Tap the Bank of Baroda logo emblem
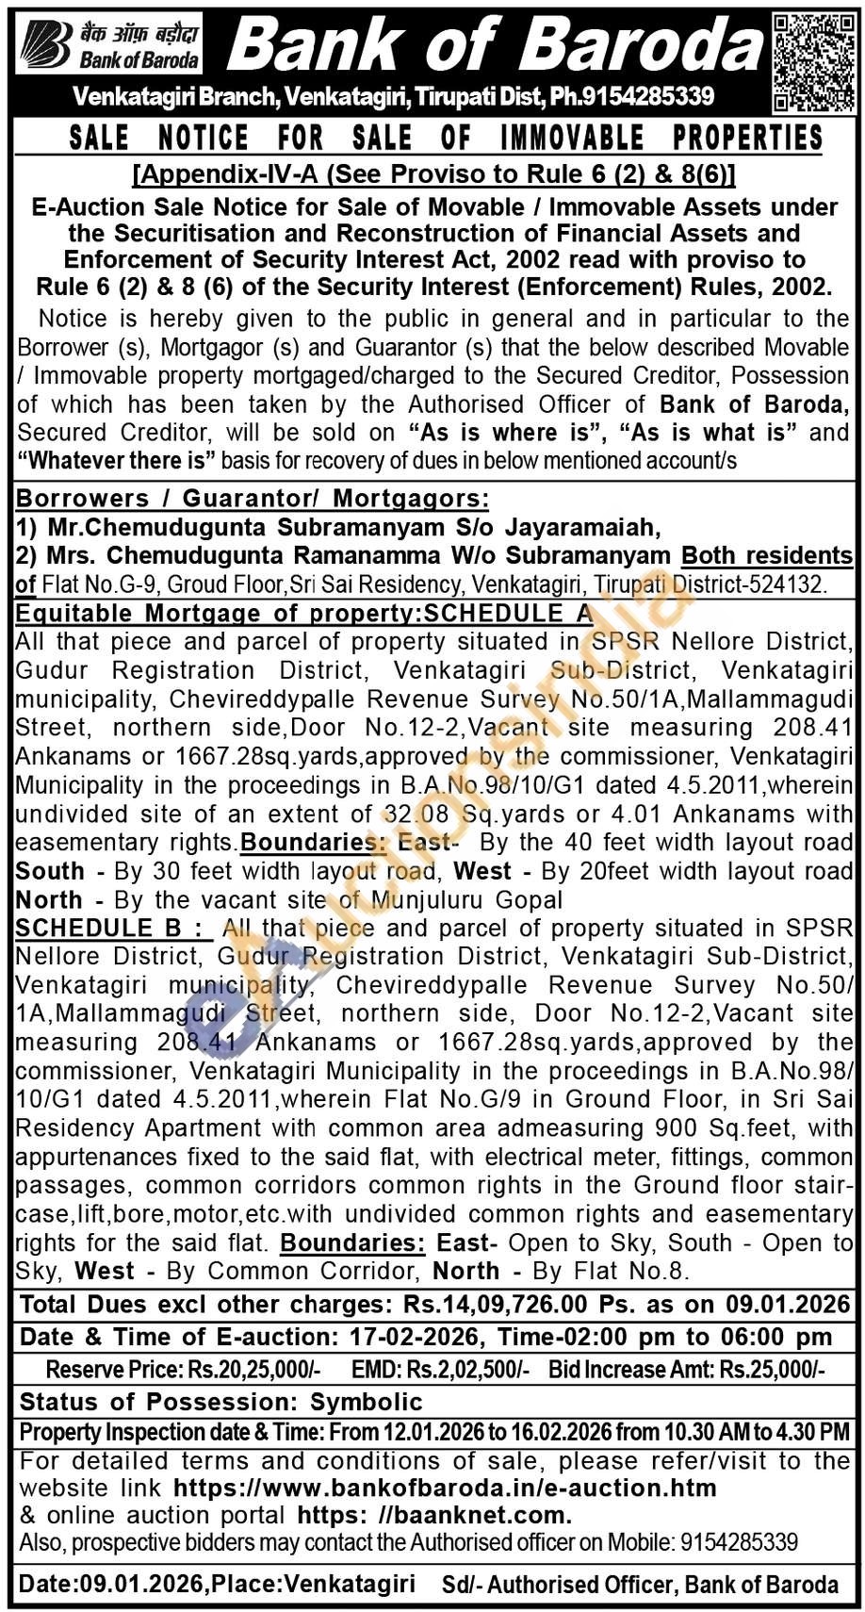click(47, 44)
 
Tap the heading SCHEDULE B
click(108, 928)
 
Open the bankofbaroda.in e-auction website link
click(445, 1489)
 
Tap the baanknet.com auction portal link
click(434, 1516)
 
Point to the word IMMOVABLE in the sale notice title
click(573, 138)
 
